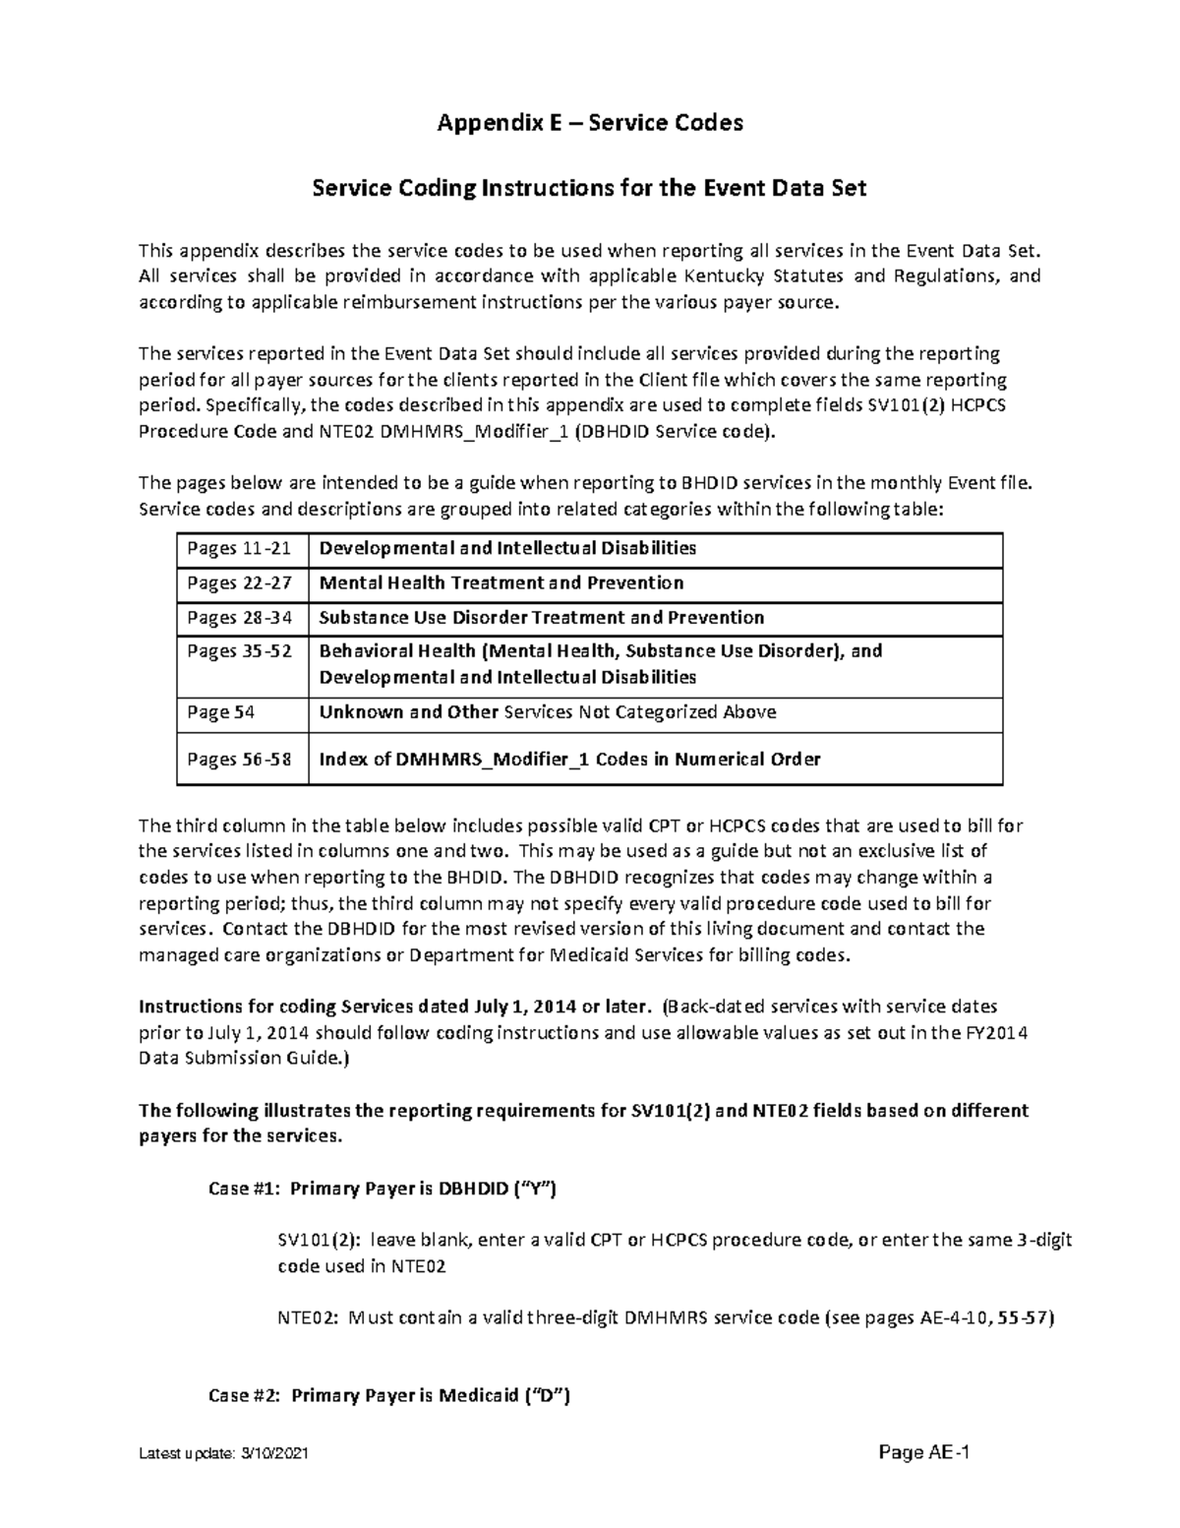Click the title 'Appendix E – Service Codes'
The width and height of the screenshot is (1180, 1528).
[x=590, y=123]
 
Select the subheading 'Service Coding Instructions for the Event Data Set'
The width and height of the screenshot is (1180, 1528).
[x=589, y=188]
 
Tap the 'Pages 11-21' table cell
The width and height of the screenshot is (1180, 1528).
[x=240, y=549]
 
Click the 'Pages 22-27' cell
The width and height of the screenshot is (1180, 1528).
[x=240, y=583]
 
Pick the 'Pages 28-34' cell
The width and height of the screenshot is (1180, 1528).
[x=240, y=618]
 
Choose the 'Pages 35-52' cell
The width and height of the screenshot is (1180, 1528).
[x=240, y=651]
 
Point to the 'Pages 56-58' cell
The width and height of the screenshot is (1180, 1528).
[x=240, y=760]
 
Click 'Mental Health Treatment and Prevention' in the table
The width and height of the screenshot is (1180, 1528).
[x=501, y=583]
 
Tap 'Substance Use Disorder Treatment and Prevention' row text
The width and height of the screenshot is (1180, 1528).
[x=542, y=618]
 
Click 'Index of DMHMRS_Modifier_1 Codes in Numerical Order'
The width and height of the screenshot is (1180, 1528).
[x=569, y=760]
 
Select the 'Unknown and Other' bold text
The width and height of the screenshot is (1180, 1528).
[x=409, y=712]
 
